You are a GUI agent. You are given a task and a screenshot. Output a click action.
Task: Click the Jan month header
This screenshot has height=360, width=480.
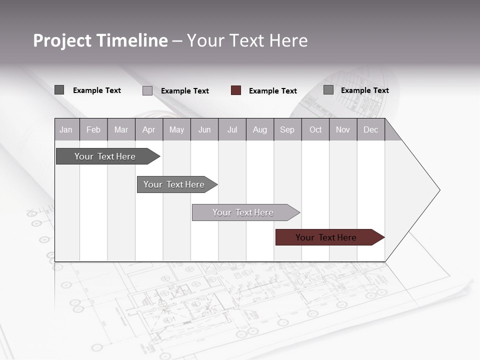(x=66, y=129)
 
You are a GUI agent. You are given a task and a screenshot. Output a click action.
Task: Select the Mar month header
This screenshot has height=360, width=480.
(x=121, y=129)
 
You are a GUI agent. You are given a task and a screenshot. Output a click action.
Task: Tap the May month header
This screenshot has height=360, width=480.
(x=176, y=129)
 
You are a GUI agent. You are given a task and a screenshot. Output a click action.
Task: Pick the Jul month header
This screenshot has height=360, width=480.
(x=232, y=129)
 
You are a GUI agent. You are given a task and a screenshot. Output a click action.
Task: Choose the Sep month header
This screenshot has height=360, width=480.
(x=287, y=129)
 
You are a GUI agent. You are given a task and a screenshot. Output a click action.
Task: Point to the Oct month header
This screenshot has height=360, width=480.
(x=315, y=129)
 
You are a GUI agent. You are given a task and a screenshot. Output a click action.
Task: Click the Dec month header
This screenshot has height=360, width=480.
(x=370, y=129)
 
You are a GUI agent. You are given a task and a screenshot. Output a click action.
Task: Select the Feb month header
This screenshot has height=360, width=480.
(x=93, y=129)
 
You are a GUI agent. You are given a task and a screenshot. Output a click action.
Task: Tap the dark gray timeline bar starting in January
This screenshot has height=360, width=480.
(x=105, y=156)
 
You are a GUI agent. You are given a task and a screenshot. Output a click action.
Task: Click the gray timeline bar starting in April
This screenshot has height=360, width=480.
(x=174, y=184)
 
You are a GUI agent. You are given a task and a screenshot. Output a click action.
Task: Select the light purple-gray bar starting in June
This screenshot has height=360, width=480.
(x=243, y=212)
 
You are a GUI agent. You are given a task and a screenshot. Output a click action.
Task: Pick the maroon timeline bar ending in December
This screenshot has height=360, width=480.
(x=326, y=237)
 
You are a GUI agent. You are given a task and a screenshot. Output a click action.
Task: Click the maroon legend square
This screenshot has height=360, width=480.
(x=236, y=90)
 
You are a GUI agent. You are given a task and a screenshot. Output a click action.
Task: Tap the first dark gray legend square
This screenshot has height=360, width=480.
(x=59, y=90)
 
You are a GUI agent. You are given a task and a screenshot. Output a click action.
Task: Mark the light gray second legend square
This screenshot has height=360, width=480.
(x=147, y=90)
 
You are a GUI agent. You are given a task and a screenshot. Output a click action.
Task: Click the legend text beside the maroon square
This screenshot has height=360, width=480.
(x=273, y=91)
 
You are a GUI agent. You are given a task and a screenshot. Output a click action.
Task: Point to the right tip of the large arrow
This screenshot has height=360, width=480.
(x=439, y=190)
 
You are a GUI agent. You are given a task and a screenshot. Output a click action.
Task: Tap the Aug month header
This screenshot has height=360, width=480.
(x=259, y=129)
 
